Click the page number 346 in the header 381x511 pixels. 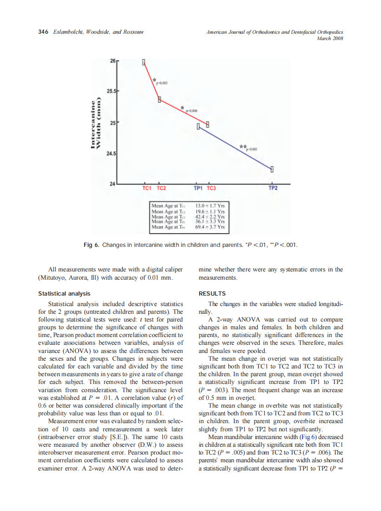[43, 32]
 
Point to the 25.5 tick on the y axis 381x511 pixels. [111, 91]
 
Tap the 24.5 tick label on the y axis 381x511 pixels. [111, 154]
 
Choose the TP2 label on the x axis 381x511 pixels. [272, 188]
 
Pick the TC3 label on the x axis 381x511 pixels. [211, 188]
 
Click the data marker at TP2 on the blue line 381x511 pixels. [272, 169]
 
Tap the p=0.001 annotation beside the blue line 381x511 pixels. [252, 149]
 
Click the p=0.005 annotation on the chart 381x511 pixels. [162, 83]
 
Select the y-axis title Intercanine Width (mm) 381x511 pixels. [95, 124]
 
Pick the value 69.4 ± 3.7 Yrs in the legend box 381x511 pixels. [210, 226]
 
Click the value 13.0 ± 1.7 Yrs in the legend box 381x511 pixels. [210, 206]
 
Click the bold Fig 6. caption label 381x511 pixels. [91, 245]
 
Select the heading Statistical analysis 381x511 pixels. [64, 293]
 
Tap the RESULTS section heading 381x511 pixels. [212, 293]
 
